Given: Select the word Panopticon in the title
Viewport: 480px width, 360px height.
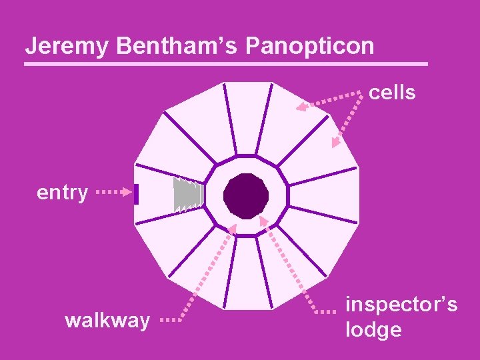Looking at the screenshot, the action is click(310, 46).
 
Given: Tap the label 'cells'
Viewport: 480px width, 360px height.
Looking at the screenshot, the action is click(392, 93).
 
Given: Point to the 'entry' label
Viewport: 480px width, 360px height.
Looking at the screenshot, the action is click(62, 193).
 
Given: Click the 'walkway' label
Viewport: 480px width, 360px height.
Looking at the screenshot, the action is click(107, 321).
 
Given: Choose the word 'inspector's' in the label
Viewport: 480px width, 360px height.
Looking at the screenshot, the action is click(401, 305).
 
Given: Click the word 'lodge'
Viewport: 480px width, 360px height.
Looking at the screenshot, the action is click(373, 329).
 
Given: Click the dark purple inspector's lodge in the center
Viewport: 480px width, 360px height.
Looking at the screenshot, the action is click(246, 196).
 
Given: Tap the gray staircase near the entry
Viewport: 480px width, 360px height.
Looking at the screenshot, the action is click(187, 195).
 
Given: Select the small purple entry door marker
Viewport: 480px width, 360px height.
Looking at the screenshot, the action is click(136, 194).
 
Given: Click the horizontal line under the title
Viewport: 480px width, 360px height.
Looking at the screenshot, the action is click(225, 64).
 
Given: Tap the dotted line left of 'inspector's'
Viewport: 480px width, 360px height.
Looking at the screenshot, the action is click(327, 311).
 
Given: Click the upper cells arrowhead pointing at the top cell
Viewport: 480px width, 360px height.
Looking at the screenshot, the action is click(302, 105).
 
